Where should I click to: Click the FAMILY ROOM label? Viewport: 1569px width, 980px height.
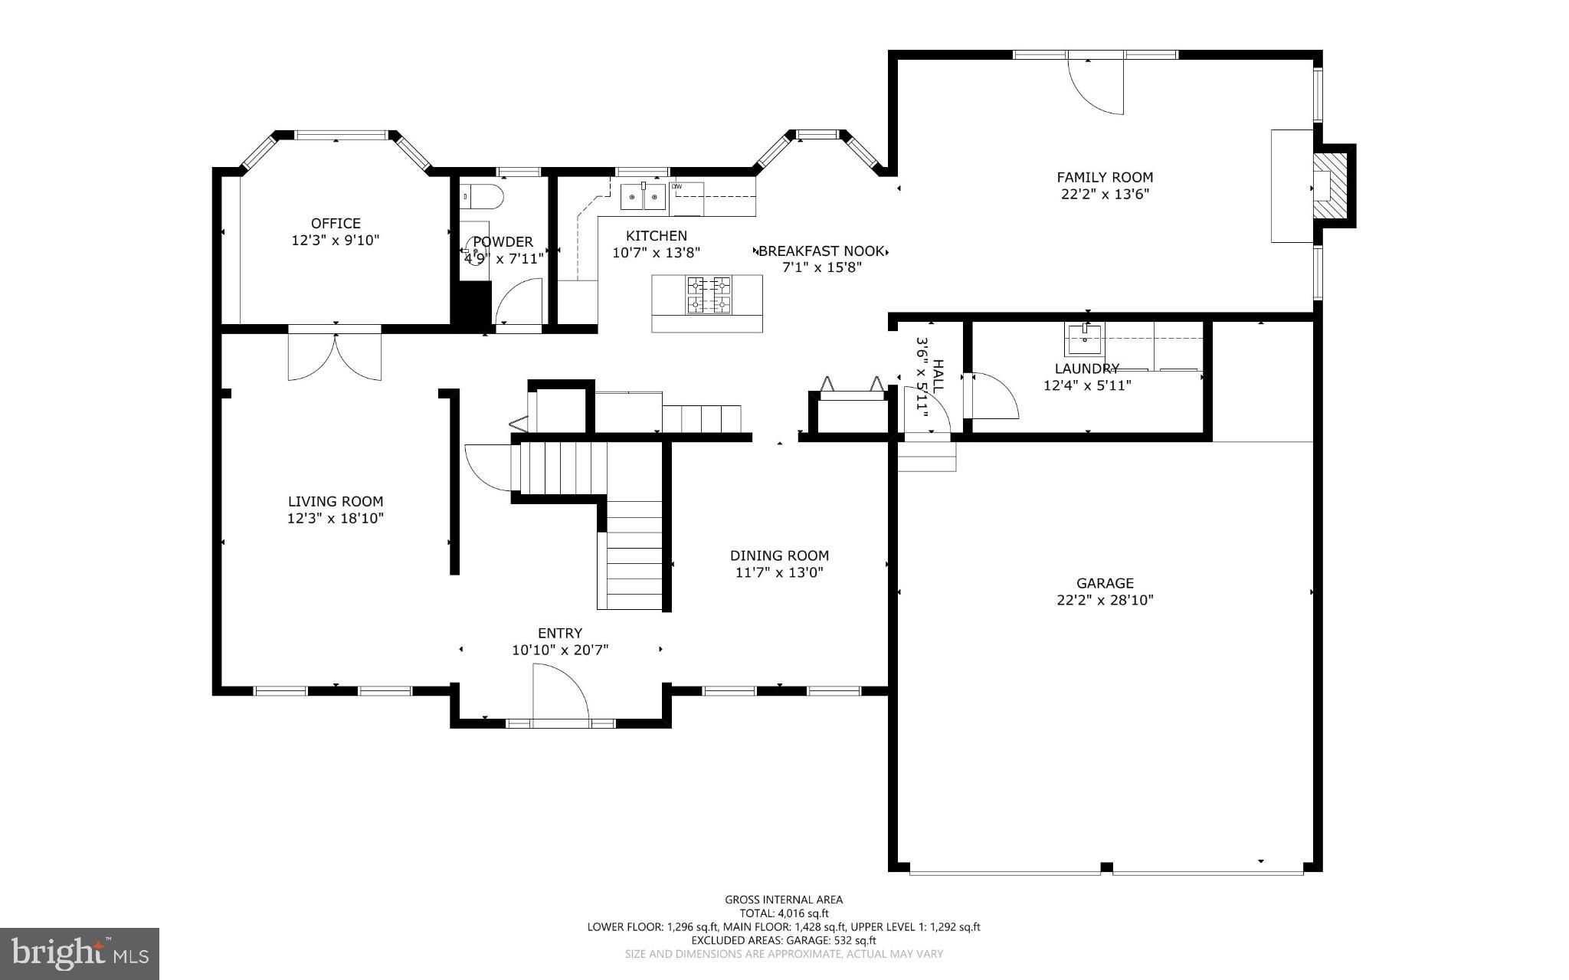tap(1105, 178)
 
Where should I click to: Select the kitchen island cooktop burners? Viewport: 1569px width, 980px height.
tap(709, 296)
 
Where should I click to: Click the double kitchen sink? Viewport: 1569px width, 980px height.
tap(643, 197)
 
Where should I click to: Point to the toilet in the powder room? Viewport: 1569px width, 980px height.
tap(482, 197)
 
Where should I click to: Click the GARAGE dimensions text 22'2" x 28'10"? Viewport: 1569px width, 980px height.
tap(1105, 601)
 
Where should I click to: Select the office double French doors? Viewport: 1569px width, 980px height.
tap(335, 354)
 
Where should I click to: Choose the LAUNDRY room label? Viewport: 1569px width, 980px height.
tap(1086, 369)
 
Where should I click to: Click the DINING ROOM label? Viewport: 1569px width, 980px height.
tap(779, 556)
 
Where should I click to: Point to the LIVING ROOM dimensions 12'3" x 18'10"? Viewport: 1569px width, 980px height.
tap(335, 519)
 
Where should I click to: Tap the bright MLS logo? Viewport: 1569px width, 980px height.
tap(79, 953)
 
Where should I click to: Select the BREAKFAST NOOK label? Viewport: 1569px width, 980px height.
tap(822, 251)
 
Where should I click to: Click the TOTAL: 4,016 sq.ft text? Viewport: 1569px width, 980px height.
tap(783, 913)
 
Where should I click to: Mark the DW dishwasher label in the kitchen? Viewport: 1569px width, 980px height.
tap(676, 186)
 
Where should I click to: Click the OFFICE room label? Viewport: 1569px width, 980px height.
tap(336, 223)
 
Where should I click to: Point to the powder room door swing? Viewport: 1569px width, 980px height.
tap(519, 304)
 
